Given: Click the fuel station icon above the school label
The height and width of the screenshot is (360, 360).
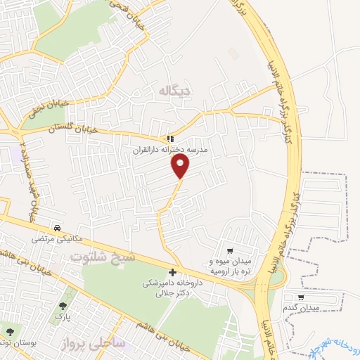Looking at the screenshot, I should tap(171, 139).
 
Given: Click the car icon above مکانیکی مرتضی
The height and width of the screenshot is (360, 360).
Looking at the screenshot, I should tap(57, 228).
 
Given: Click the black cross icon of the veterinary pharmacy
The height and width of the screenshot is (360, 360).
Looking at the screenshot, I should tap(173, 272).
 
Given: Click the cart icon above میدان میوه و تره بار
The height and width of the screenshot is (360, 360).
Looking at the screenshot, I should tap(230, 251).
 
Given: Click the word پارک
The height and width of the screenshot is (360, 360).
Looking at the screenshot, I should tap(64, 317).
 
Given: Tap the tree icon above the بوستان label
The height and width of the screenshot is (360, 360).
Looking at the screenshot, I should tap(10, 328).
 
